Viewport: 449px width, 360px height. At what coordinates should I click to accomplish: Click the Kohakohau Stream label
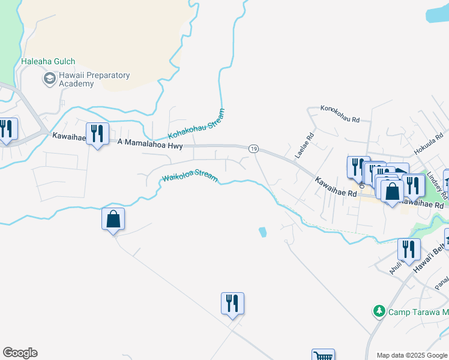click(197, 123)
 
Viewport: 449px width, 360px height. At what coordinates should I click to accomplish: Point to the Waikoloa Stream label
click(189, 176)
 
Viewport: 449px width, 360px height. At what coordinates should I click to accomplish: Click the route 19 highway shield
click(253, 148)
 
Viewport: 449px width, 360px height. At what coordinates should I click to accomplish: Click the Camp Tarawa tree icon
click(379, 311)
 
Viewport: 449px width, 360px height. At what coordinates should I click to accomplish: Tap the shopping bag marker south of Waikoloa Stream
click(113, 219)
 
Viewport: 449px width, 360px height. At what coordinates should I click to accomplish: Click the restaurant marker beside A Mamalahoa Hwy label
click(97, 133)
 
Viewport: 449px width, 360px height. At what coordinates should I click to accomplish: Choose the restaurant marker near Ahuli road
click(408, 250)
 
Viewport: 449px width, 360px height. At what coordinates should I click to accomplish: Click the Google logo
click(20, 353)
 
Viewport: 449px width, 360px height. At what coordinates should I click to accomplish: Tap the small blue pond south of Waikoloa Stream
click(262, 232)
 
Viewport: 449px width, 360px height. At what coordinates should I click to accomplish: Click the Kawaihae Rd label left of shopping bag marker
click(336, 187)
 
